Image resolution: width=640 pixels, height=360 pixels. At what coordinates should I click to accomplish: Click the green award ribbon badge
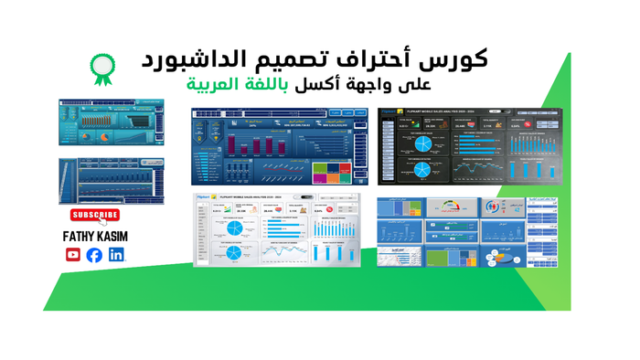102,68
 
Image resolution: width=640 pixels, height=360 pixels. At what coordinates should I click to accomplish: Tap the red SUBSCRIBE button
95,216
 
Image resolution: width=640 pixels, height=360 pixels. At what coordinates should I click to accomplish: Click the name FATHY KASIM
95,236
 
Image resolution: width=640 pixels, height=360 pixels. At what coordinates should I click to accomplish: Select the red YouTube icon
73,255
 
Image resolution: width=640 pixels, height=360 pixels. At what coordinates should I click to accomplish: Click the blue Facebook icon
94,255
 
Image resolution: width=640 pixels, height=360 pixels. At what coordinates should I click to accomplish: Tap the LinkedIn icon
116,255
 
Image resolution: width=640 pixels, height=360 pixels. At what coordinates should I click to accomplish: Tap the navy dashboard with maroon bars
272,146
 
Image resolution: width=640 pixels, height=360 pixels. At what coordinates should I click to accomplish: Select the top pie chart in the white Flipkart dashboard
233,227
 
